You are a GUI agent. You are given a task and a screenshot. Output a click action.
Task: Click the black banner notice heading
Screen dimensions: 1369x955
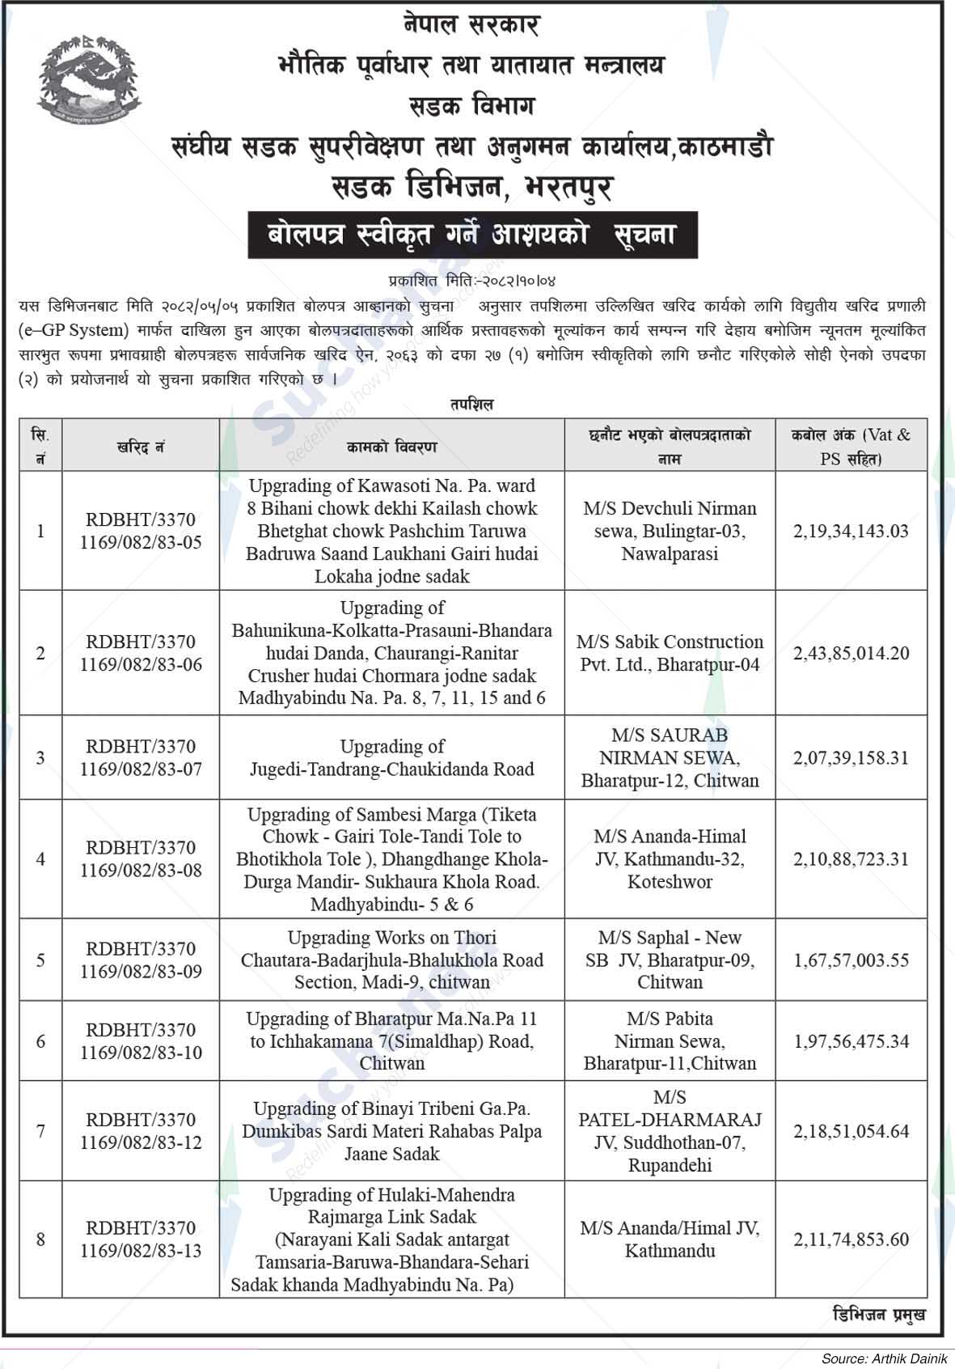coord(472,235)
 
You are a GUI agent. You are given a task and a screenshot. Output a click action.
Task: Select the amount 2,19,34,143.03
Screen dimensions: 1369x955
coord(851,532)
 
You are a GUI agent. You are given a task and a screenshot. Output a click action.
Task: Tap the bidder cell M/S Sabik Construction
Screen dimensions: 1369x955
coord(670,653)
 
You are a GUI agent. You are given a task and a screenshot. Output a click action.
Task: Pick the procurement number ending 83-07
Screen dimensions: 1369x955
coord(141,758)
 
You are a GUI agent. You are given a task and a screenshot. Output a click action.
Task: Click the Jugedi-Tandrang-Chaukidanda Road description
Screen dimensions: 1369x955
coord(391,758)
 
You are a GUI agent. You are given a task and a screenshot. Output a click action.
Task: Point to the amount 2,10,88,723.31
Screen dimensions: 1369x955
coord(851,859)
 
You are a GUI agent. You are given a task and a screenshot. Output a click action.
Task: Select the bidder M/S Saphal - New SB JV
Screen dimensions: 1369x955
coord(670,960)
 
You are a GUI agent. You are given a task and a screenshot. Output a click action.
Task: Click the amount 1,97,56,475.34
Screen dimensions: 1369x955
coord(851,1041)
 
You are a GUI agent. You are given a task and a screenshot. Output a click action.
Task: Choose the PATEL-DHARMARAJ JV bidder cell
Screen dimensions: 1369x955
coord(670,1131)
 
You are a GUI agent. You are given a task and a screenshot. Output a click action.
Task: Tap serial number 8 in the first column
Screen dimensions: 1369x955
coord(40,1239)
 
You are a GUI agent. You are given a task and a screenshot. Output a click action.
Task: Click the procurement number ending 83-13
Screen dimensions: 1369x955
coord(141,1239)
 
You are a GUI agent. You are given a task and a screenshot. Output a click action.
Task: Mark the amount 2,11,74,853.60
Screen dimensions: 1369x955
coord(851,1239)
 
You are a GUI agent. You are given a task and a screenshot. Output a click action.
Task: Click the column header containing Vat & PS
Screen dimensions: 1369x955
coord(851,446)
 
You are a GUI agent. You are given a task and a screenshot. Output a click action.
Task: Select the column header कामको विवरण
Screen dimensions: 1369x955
coord(391,447)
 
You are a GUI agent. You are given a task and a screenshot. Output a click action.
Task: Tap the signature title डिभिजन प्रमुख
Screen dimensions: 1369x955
coord(878,1316)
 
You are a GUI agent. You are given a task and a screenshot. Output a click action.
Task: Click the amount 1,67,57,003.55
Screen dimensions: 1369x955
coord(851,960)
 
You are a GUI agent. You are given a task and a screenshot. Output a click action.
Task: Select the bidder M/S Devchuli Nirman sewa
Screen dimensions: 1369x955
coord(670,532)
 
